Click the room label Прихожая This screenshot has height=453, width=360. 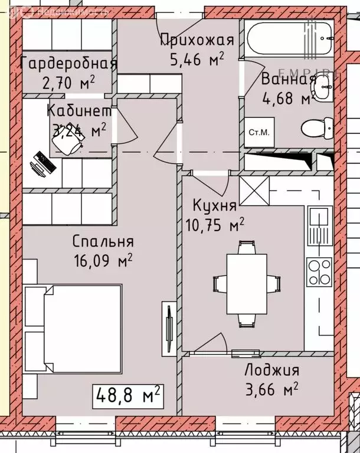point(198,40)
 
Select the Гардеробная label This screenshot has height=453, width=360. point(69,64)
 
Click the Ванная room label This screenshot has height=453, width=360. point(287,79)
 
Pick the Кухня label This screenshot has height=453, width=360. point(215,206)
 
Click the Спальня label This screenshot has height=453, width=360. point(103,241)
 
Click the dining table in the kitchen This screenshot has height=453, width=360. point(247,284)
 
